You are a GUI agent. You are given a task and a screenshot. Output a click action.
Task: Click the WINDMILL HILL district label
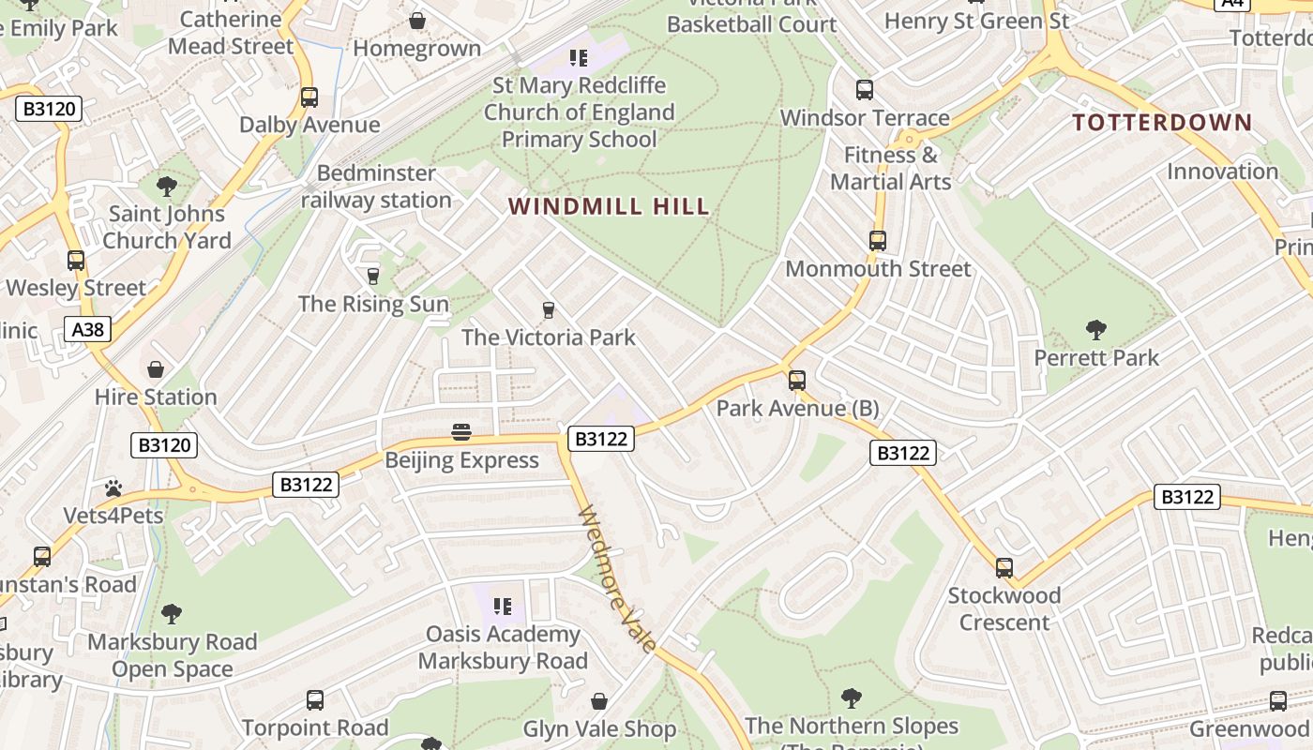(609, 206)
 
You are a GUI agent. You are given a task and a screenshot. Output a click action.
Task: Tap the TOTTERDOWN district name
(1162, 122)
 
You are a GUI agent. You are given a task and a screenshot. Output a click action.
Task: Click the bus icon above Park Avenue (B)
(796, 381)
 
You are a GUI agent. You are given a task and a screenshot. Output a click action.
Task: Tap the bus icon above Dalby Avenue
(309, 97)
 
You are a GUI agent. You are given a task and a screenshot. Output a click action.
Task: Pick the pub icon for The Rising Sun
(372, 276)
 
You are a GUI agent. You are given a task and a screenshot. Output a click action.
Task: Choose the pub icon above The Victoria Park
(549, 309)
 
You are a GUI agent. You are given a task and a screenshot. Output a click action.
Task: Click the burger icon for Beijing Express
(460, 432)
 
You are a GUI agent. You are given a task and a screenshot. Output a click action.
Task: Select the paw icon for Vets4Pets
(113, 487)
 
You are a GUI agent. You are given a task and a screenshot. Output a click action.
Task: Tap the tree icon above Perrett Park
(1095, 330)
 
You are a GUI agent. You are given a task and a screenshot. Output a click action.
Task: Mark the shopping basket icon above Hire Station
(156, 369)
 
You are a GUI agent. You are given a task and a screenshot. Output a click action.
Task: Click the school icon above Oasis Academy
(502, 607)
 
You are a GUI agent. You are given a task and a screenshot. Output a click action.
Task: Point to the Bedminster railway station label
(376, 187)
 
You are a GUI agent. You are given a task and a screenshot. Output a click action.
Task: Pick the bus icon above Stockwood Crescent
(1004, 567)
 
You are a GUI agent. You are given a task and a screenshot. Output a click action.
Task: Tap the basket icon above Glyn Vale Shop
(598, 701)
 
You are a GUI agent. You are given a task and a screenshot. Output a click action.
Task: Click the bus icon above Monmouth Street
(877, 241)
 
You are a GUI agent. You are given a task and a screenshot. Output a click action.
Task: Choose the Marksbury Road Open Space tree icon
(171, 614)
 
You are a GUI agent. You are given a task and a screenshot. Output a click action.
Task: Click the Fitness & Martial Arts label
(890, 168)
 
